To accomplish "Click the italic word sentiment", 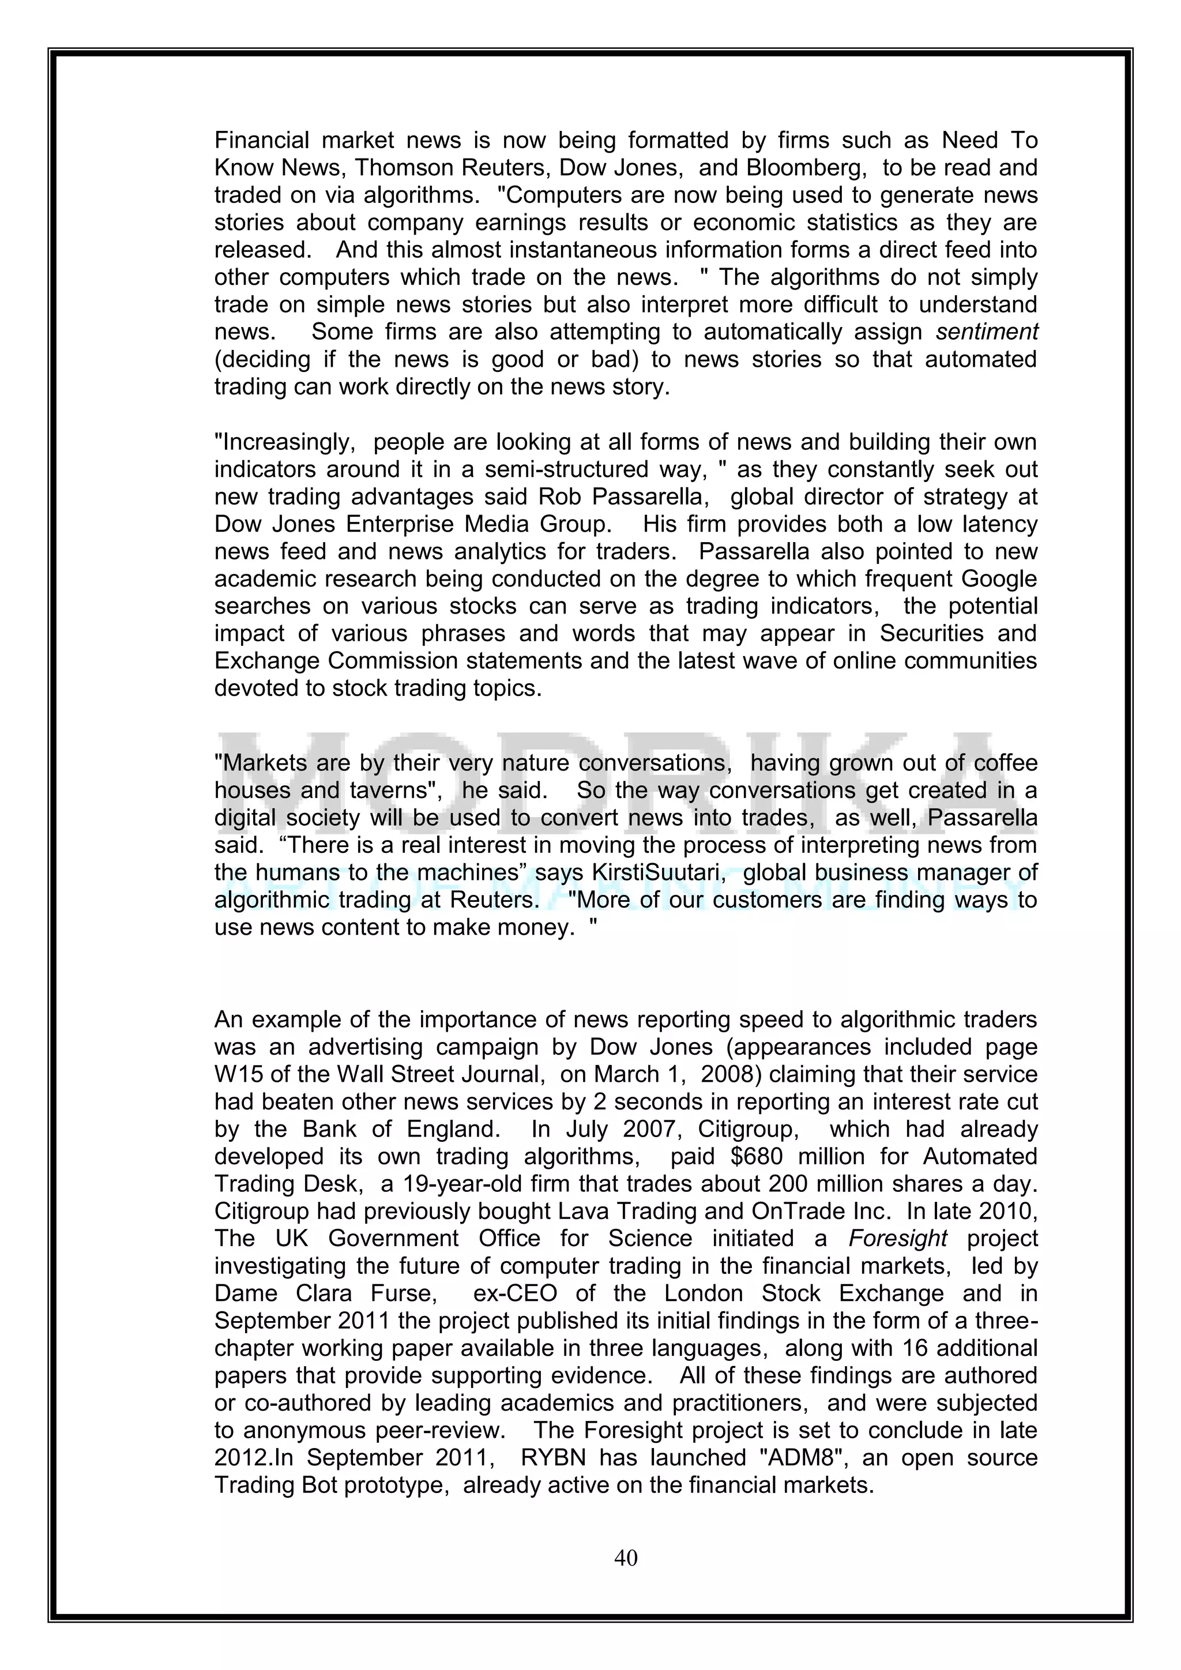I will click(987, 332).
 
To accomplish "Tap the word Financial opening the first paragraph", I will click(262, 140).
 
